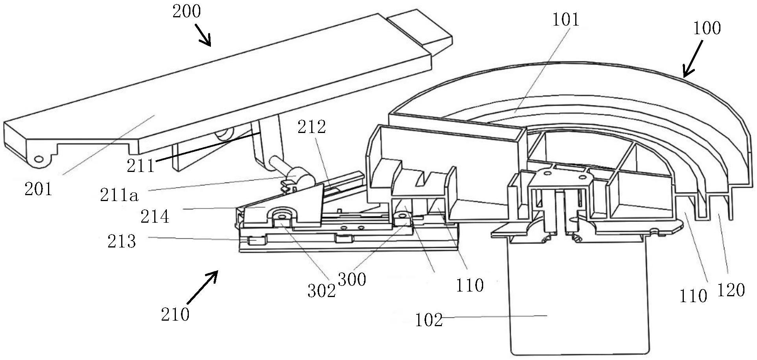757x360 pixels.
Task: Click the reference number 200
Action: (186, 11)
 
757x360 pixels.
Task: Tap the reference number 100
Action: (707, 28)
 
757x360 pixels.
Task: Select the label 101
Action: (566, 19)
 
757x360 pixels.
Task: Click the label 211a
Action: (119, 195)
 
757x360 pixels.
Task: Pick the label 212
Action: (312, 127)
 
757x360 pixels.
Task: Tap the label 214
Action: (155, 216)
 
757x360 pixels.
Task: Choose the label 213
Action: (122, 241)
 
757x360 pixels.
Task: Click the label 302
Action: (322, 291)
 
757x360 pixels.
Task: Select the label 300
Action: (352, 279)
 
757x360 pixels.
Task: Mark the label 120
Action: (731, 290)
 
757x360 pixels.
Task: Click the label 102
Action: (429, 320)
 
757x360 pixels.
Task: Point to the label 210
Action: (175, 314)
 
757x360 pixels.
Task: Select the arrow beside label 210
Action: (202, 287)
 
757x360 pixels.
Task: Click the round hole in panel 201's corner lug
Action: (39, 159)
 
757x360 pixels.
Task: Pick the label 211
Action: (141, 166)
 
